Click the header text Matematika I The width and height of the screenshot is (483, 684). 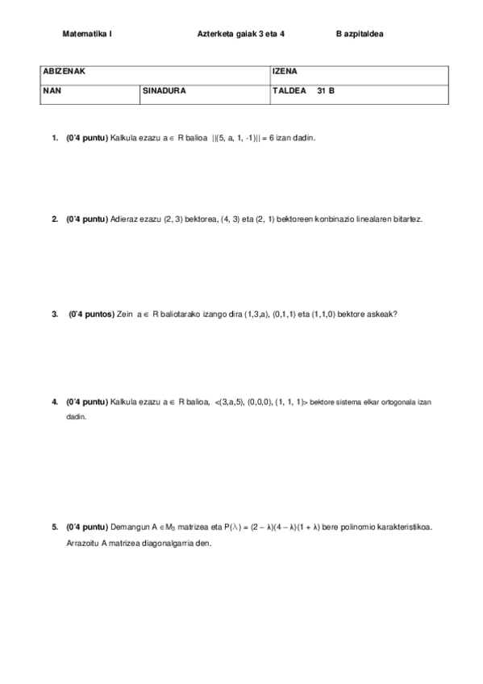click(87, 35)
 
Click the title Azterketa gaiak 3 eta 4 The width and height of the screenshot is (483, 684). click(240, 35)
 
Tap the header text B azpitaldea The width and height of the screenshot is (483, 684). click(360, 35)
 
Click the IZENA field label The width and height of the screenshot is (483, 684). click(285, 72)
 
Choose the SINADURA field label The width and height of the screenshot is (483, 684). click(164, 91)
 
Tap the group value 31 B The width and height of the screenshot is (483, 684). click(326, 91)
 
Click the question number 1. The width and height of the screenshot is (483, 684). click(55, 138)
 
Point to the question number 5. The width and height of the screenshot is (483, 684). click(55, 528)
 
